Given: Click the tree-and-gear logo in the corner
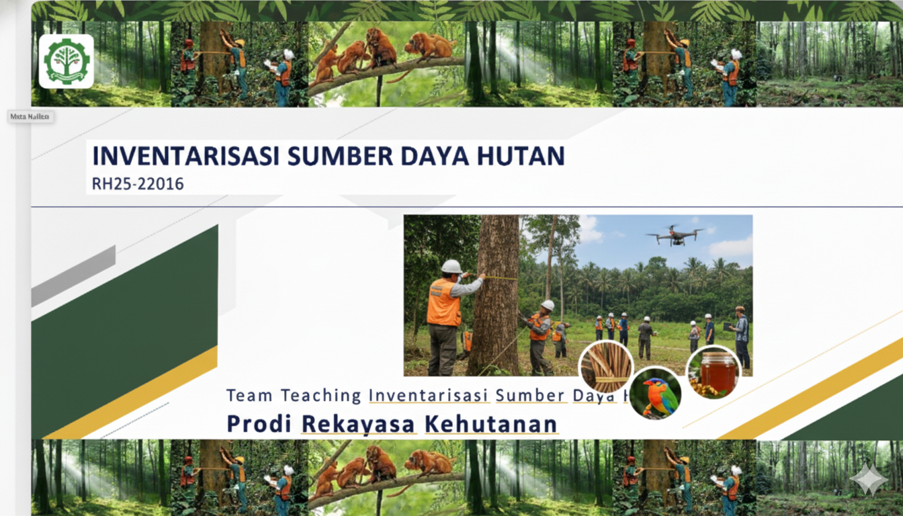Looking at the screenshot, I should click(66, 61).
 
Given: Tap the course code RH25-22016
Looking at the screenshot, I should click(138, 183).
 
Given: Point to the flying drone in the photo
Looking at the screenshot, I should click(675, 235).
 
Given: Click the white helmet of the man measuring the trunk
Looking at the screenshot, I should click(451, 267).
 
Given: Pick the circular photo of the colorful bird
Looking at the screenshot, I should click(655, 393).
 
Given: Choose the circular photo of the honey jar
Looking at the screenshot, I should click(714, 372).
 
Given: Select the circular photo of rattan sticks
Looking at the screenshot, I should click(606, 367).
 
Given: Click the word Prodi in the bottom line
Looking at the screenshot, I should click(259, 424).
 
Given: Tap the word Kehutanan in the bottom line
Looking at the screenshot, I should click(491, 424).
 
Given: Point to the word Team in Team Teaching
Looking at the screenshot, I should click(249, 395).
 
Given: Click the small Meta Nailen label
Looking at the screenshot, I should click(31, 116).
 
